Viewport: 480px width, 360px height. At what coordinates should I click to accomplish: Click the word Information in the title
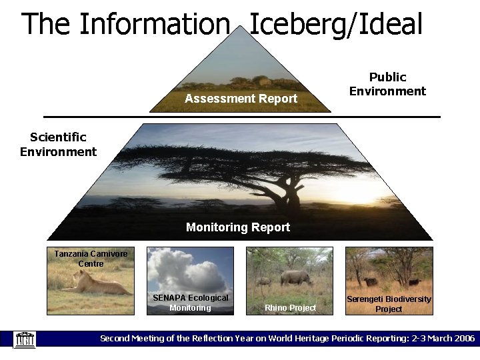tap(154, 25)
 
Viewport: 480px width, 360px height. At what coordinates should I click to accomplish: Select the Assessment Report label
tap(241, 99)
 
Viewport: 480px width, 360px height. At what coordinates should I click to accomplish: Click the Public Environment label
tap(387, 85)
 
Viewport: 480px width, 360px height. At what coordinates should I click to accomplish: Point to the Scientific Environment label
tap(58, 145)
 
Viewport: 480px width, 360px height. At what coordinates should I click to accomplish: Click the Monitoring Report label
tap(238, 227)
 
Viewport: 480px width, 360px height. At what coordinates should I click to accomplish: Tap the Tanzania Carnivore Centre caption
tap(91, 259)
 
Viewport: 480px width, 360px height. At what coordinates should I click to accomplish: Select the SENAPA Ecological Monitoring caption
tap(190, 303)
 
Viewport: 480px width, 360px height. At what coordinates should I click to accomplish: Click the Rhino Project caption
tap(290, 307)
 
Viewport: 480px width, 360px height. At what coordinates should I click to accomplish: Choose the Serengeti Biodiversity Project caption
tap(389, 304)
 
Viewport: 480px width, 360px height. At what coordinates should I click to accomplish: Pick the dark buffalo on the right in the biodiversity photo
tap(414, 281)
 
